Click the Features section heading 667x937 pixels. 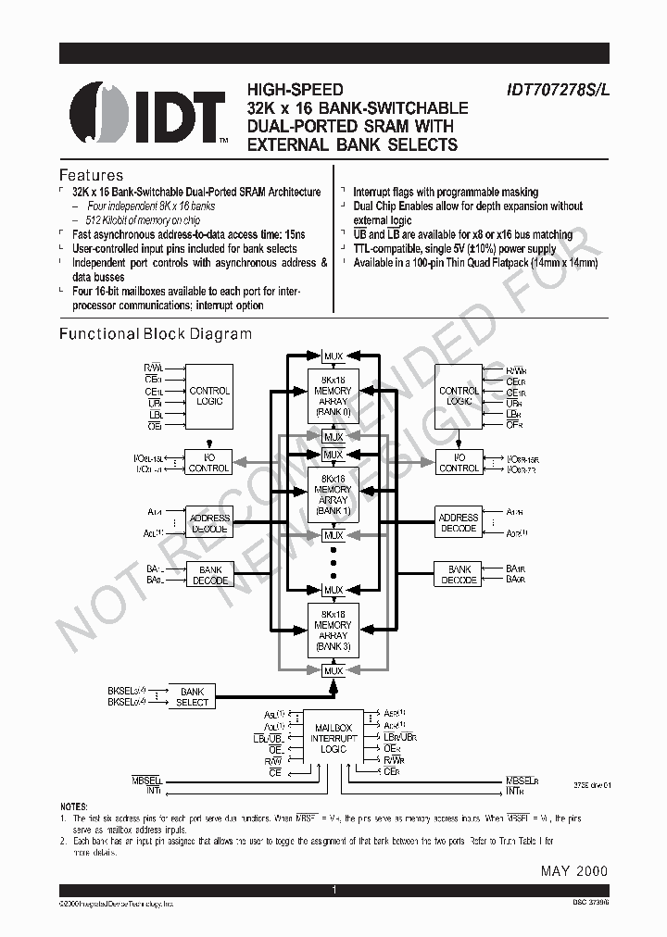pyautogui.click(x=91, y=175)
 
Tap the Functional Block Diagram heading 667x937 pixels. pyautogui.click(x=156, y=334)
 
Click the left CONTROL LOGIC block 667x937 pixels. pyautogui.click(x=209, y=396)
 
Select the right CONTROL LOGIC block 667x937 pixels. pyautogui.click(x=459, y=396)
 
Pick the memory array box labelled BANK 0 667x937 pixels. pyautogui.click(x=333, y=397)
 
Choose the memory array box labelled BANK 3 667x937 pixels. pyautogui.click(x=333, y=631)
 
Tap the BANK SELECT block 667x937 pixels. pyautogui.click(x=192, y=697)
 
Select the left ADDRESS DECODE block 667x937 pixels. pyautogui.click(x=209, y=523)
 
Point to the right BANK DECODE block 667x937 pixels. pyautogui.click(x=459, y=575)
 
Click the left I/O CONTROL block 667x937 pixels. pyautogui.click(x=209, y=463)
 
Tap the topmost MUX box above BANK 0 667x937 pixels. pyautogui.click(x=333, y=356)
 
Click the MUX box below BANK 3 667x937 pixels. pyautogui.click(x=333, y=670)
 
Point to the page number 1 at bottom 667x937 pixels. pyautogui.click(x=333, y=890)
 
